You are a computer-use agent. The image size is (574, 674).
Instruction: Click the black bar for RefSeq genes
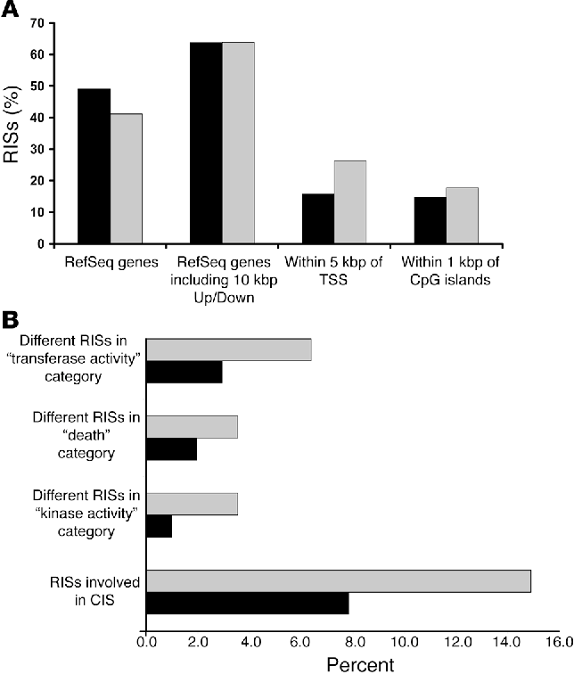coord(94,166)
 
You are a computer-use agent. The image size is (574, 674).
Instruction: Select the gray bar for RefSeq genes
coord(127,178)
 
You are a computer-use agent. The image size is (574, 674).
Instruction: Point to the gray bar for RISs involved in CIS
coord(339,580)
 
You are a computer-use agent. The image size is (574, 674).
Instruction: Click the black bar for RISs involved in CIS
coord(247,604)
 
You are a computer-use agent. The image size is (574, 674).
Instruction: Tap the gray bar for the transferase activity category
coord(228,349)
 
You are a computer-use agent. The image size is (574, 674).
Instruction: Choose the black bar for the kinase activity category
coord(159,526)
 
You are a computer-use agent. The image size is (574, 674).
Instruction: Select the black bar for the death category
coord(171,449)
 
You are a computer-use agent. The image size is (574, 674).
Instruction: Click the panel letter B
coord(12,318)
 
